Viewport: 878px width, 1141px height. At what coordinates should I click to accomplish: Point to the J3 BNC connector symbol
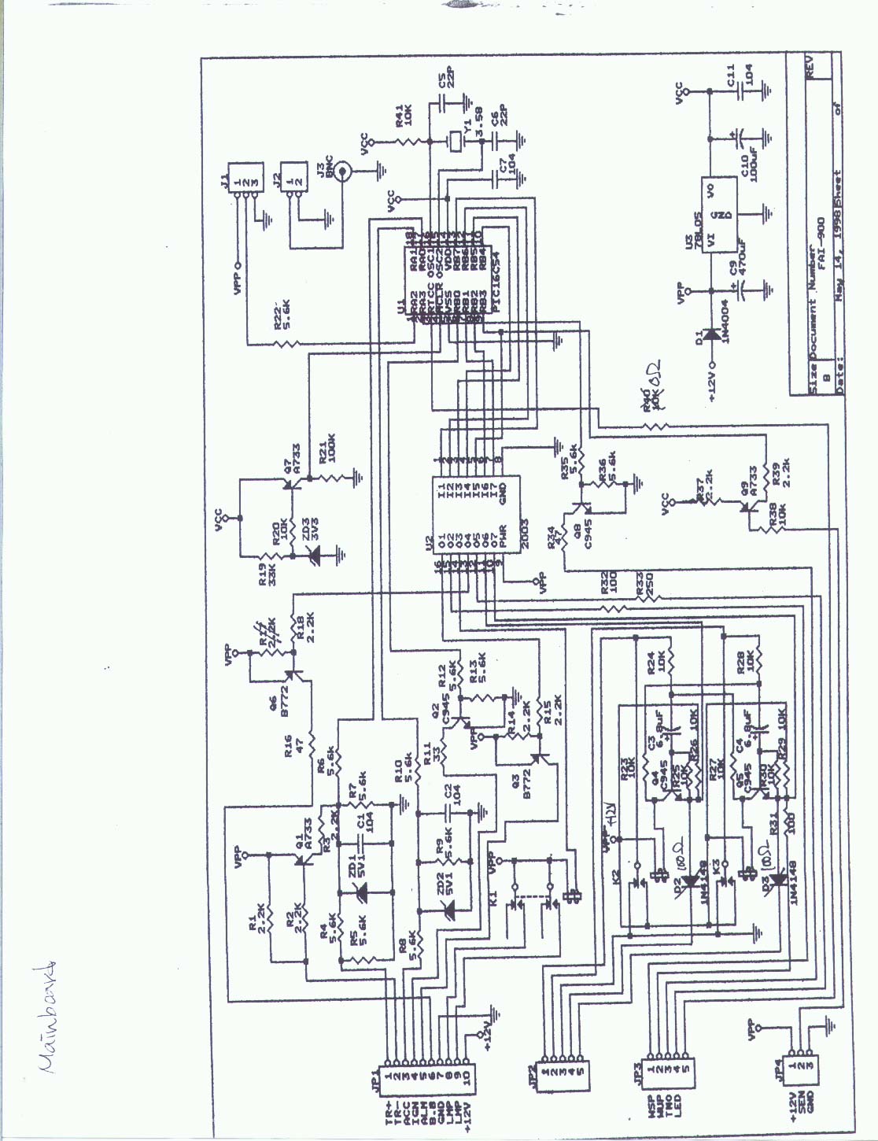(341, 174)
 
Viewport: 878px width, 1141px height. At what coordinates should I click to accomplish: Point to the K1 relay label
(494, 896)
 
